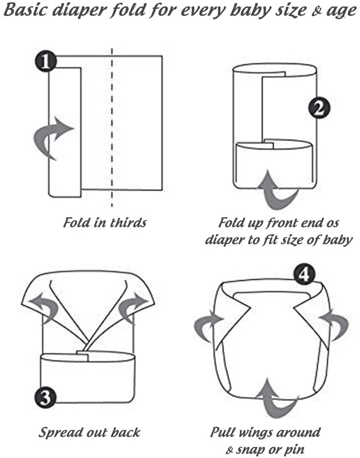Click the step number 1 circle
46,61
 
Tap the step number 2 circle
319,108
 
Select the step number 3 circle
45,397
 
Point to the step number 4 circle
304,275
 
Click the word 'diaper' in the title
77,11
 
